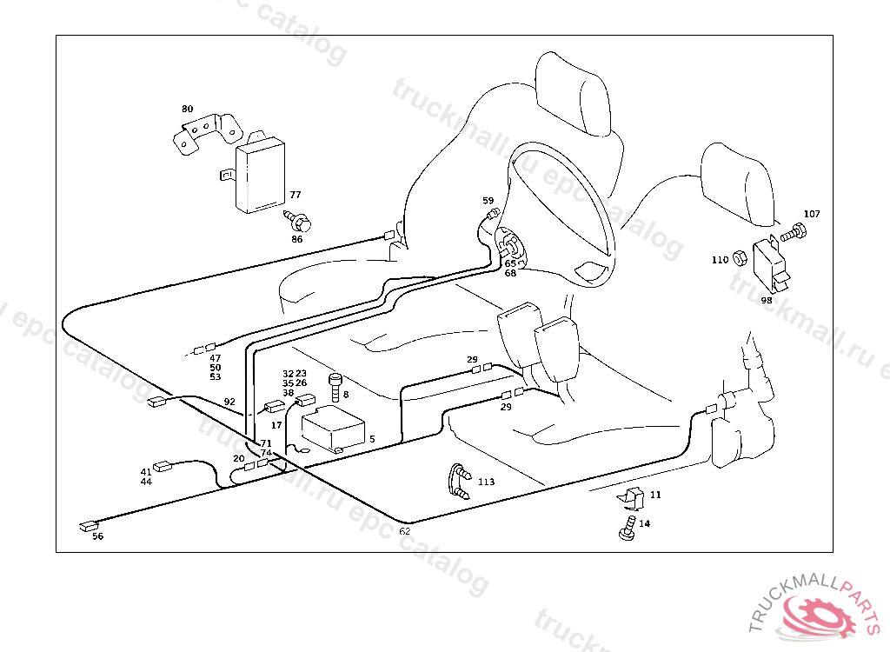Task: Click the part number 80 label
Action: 188,110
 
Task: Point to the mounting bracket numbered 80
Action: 207,132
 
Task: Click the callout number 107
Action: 811,214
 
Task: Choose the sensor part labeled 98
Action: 771,263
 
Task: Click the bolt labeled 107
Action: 794,233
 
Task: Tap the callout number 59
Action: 488,201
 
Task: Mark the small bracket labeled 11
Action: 632,498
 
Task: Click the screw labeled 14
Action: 626,529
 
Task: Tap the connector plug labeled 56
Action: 88,525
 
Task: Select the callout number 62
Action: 405,531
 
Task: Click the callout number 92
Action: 229,403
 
